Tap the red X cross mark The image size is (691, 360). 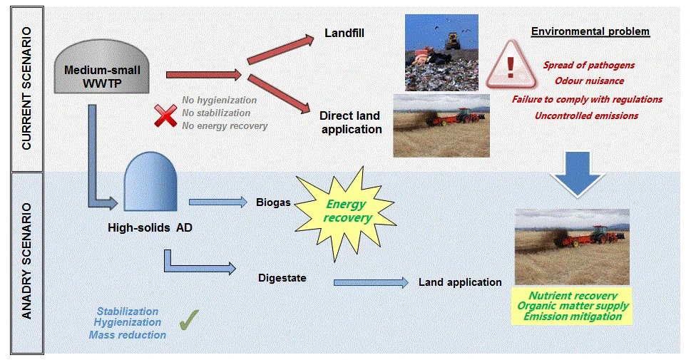click(165, 116)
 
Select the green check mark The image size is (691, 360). click(189, 320)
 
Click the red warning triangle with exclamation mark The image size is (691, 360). click(511, 65)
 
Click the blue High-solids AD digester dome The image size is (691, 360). click(150, 182)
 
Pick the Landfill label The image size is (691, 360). click(344, 33)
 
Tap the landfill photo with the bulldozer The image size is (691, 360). click(441, 53)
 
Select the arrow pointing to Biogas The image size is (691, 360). click(218, 202)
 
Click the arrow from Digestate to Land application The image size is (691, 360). click(371, 282)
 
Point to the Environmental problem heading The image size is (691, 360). click(590, 31)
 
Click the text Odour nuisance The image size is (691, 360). click(589, 81)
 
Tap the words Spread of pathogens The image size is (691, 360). click(589, 65)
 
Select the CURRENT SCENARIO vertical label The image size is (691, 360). click(27, 88)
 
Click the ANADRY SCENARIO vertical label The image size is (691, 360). click(27, 261)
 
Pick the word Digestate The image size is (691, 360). click(282, 278)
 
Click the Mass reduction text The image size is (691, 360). click(128, 335)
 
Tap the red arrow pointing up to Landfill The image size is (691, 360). click(280, 50)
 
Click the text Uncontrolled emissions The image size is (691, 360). click(587, 115)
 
